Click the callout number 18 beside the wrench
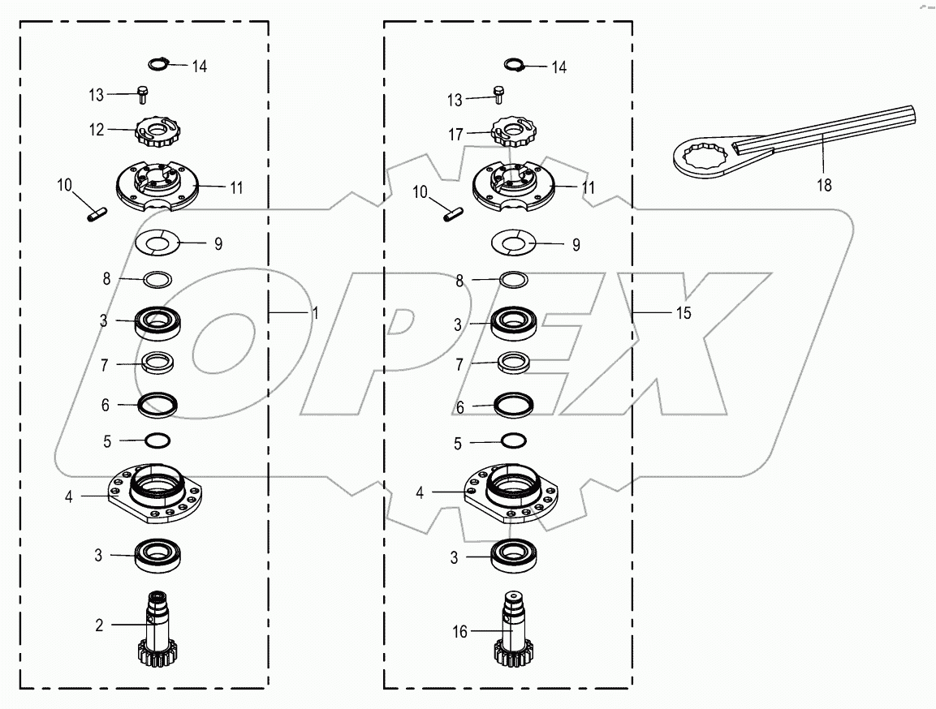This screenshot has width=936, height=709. [823, 185]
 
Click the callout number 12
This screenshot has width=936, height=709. [97, 130]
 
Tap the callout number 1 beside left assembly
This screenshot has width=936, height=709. [316, 313]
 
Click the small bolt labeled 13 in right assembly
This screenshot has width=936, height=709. [498, 97]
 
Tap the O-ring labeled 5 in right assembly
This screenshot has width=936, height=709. [512, 440]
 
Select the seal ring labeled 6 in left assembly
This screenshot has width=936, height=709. [157, 403]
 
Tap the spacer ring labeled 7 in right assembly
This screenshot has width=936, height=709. [512, 363]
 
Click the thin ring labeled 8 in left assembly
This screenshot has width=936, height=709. [157, 279]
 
